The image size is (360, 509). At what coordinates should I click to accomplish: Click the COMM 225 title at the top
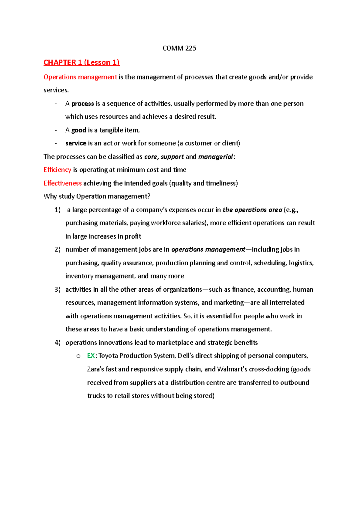point(179,48)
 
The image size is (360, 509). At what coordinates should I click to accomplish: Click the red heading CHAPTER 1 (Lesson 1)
point(81,62)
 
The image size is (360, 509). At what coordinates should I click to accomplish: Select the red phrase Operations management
point(80,77)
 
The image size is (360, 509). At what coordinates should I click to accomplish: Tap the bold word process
point(82,104)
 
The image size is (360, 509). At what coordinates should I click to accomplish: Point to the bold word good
point(79,130)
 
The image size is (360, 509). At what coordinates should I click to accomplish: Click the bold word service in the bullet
point(76,143)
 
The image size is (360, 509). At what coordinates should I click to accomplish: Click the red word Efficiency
point(57,170)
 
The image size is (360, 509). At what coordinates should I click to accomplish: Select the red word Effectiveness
point(62,183)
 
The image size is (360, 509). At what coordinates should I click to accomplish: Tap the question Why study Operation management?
point(97,196)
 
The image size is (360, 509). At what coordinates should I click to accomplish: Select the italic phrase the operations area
point(252,210)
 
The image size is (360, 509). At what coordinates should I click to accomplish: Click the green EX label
point(91,356)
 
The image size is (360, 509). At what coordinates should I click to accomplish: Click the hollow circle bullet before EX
point(78,356)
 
